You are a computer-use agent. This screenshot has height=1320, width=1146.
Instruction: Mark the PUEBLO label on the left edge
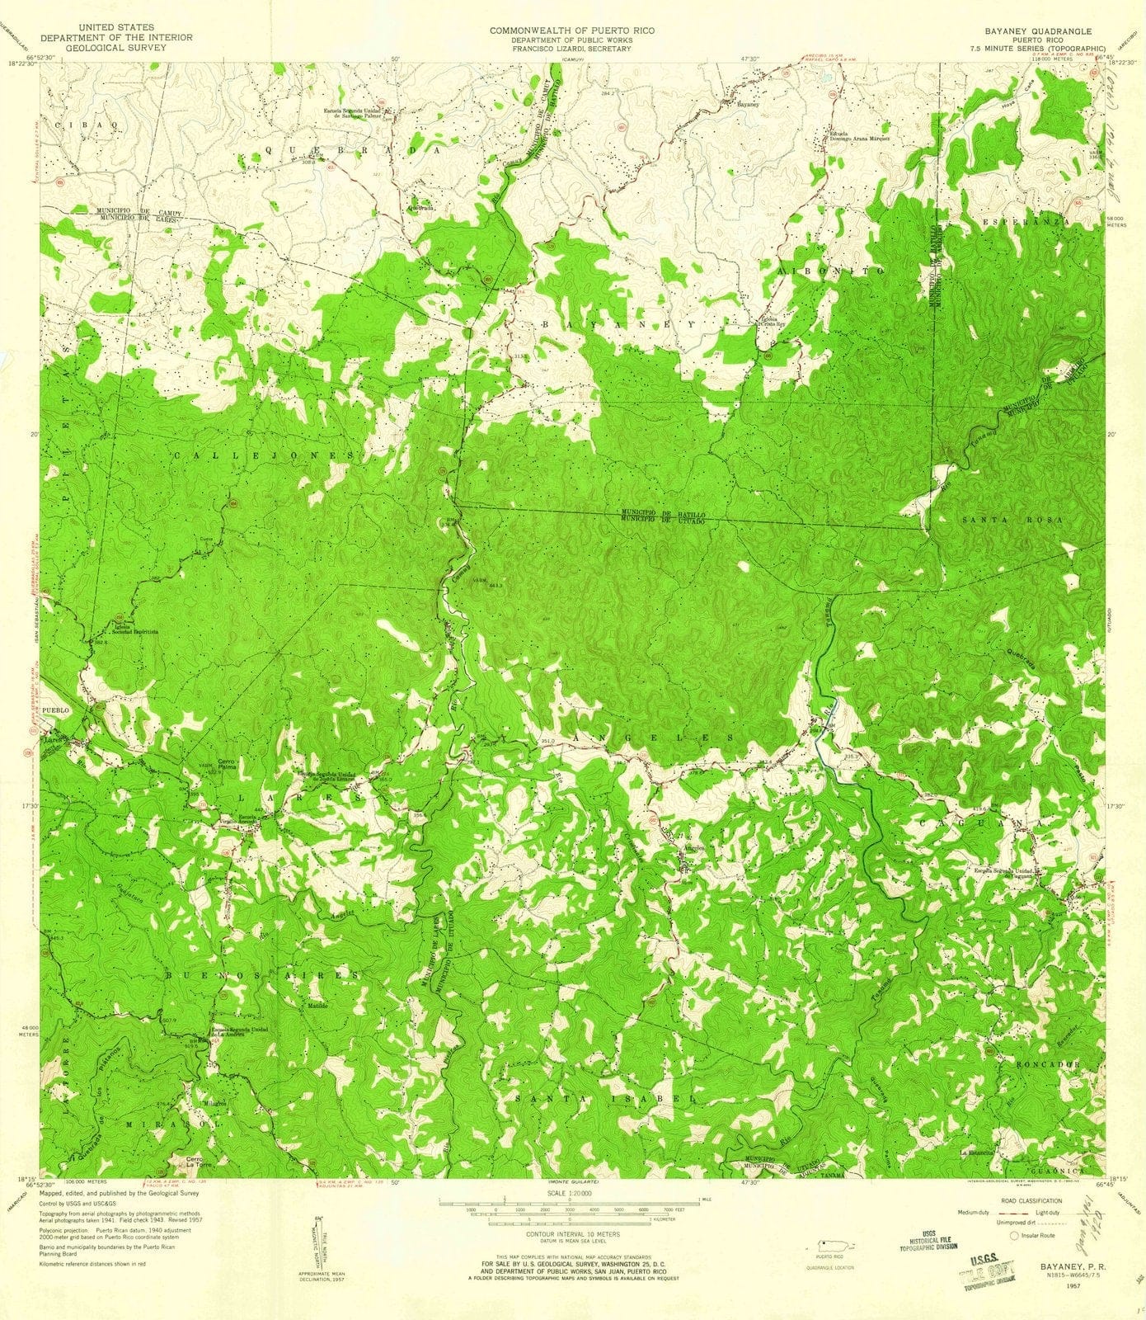52,709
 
